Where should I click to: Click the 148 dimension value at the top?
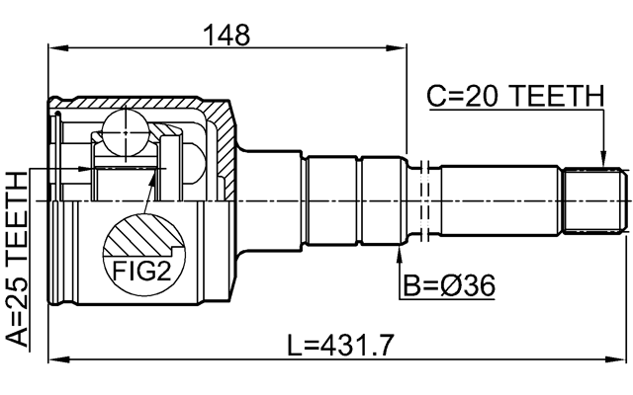click(x=226, y=34)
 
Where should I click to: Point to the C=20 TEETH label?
click(x=514, y=97)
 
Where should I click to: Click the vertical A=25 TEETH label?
click(x=17, y=260)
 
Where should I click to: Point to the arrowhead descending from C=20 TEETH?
click(x=599, y=161)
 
